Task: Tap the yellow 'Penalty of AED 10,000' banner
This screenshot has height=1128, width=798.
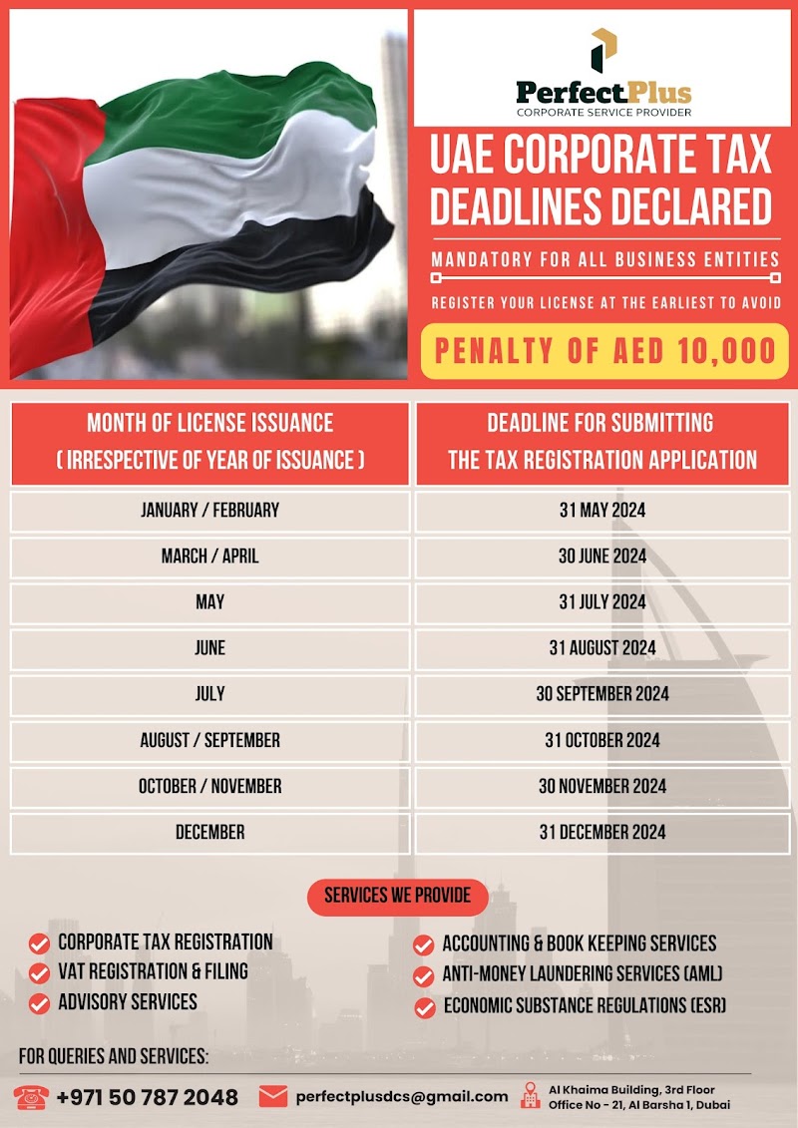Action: tap(604, 351)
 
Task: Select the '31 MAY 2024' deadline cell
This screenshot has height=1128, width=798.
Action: tap(601, 511)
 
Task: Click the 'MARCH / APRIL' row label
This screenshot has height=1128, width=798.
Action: tap(209, 557)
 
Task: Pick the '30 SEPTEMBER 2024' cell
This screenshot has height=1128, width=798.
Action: tap(601, 694)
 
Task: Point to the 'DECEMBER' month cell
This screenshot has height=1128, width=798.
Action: tap(209, 832)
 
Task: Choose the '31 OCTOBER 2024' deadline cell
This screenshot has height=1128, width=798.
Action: tap(601, 740)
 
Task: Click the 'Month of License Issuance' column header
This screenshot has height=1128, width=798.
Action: tap(209, 441)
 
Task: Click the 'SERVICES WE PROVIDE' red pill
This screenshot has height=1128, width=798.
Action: tap(397, 895)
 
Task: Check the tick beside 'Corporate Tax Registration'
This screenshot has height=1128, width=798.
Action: tap(39, 943)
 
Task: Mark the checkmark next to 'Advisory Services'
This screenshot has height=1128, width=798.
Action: tap(39, 1002)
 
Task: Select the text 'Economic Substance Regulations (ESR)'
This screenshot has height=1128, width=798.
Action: tap(585, 1006)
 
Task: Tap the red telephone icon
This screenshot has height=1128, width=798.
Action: tap(32, 1097)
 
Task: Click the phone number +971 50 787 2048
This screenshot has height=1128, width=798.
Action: tap(147, 1097)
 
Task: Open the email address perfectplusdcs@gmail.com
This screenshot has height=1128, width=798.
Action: tap(401, 1097)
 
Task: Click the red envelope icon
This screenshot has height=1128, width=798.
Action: tap(272, 1097)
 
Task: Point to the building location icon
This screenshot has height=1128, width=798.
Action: tap(530, 1097)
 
